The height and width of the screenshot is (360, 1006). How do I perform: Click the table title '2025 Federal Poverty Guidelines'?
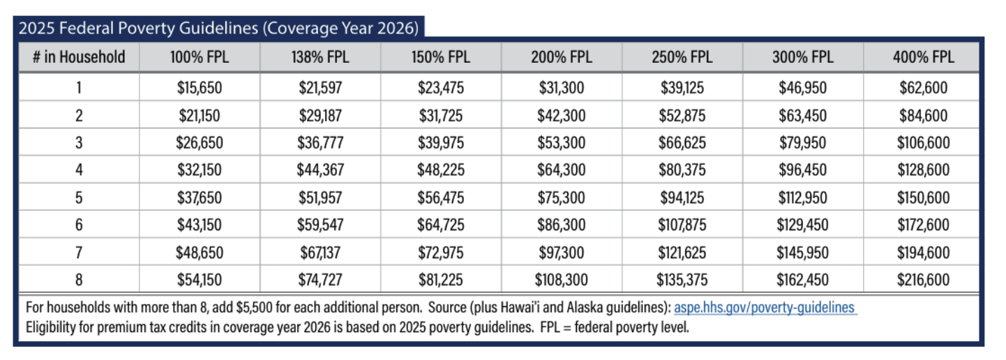coord(218,29)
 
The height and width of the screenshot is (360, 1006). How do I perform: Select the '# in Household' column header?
coord(79,57)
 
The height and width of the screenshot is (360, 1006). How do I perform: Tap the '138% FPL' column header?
coord(320,57)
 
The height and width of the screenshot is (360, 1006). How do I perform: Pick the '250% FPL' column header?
coord(682,57)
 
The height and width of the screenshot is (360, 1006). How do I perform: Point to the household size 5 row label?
coord(79,198)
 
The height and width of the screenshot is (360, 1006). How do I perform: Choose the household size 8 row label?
coord(79,280)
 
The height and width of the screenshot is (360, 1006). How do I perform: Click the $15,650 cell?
coord(200,89)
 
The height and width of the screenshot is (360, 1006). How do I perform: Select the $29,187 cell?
coord(320,116)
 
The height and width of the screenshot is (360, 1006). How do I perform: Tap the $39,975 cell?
coord(441,143)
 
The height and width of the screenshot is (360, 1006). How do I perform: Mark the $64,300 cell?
coord(561,171)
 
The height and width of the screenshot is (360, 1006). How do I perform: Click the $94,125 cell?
coord(682,198)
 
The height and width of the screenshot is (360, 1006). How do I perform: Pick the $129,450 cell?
coord(802,225)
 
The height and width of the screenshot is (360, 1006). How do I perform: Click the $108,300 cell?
coord(561,280)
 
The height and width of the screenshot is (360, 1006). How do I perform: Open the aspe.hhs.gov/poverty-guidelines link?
coord(765,308)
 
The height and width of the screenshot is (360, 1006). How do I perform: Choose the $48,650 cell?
coord(200,253)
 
